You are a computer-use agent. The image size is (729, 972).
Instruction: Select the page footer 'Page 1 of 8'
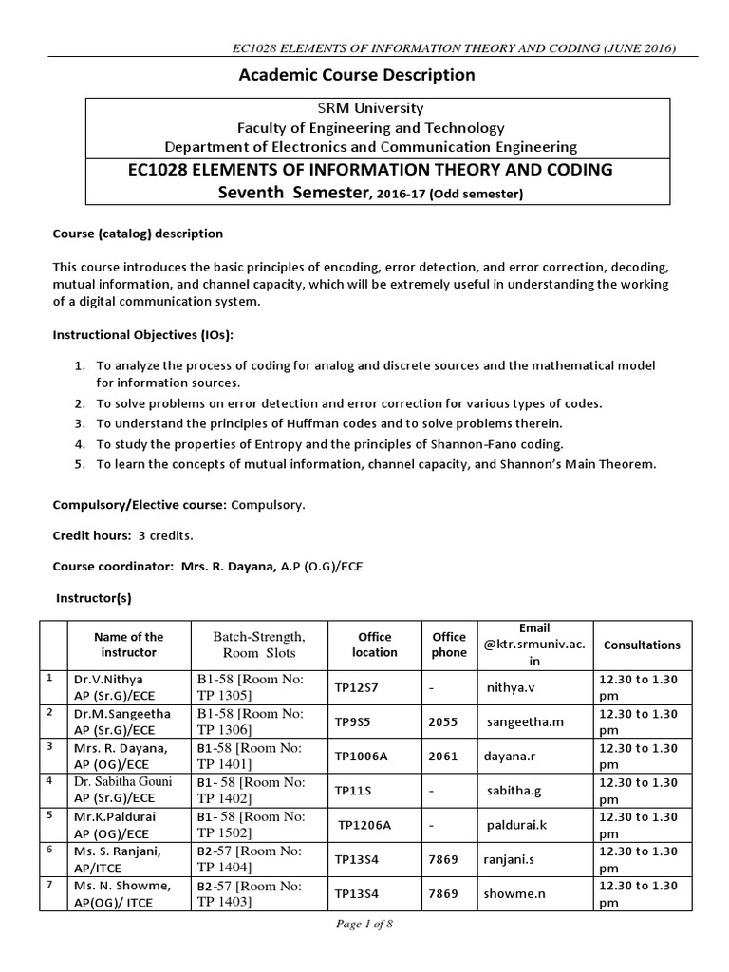364,926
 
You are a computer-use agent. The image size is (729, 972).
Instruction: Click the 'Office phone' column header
449,645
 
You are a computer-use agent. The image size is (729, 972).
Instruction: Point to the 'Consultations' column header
642,645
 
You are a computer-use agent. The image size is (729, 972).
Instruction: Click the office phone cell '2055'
442,721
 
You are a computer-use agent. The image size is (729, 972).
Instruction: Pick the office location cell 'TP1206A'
365,825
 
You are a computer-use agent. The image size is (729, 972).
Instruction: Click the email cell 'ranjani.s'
514,859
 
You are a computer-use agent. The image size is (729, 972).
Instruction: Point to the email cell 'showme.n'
516,893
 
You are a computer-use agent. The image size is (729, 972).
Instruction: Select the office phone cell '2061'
442,757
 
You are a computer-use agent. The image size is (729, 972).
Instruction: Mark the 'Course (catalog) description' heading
138,234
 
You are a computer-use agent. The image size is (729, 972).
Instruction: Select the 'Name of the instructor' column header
129,645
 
